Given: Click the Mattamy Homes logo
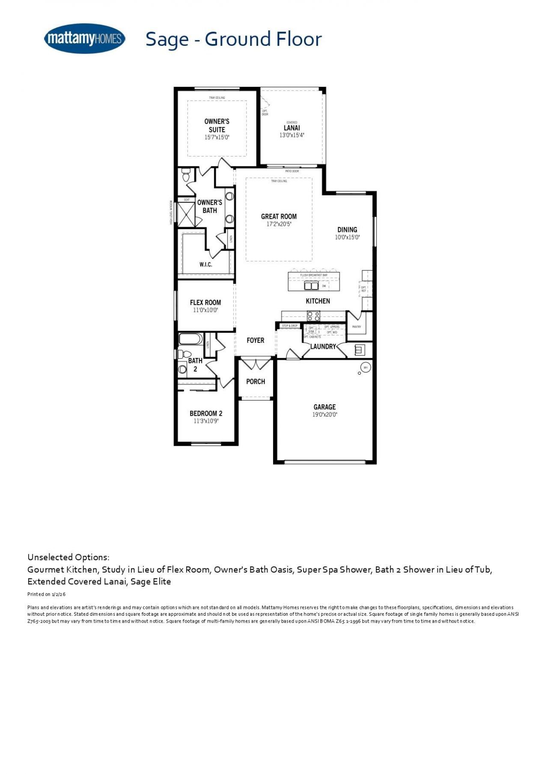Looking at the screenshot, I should pos(84,39).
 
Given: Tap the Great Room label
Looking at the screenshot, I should pos(279,216).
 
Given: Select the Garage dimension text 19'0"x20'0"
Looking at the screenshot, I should pos(325,414).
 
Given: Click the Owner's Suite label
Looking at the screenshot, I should pos(217,125).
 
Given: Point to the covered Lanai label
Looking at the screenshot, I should pos(292,127).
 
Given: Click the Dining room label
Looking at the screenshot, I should pos(347,230).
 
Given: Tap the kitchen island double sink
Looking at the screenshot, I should pos(311,286).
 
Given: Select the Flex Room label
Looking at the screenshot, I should pos(205,302).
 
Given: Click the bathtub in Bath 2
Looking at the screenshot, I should pos(191,339).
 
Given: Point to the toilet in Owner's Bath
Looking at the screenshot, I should pos(186,175).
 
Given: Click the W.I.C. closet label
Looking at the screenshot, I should pos(205,265).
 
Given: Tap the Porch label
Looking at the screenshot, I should pos(256,381).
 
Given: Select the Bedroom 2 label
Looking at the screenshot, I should pos(206,414).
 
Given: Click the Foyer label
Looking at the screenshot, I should pos(256,340).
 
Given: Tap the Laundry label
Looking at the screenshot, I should pos(323,346).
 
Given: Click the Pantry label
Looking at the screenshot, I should pos(357,327).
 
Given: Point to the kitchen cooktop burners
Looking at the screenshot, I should pos(313,316).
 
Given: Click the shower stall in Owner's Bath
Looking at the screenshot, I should pos(186,214).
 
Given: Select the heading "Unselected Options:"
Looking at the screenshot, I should pos(68,557).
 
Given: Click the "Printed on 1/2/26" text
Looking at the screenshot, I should pos(46,594).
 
